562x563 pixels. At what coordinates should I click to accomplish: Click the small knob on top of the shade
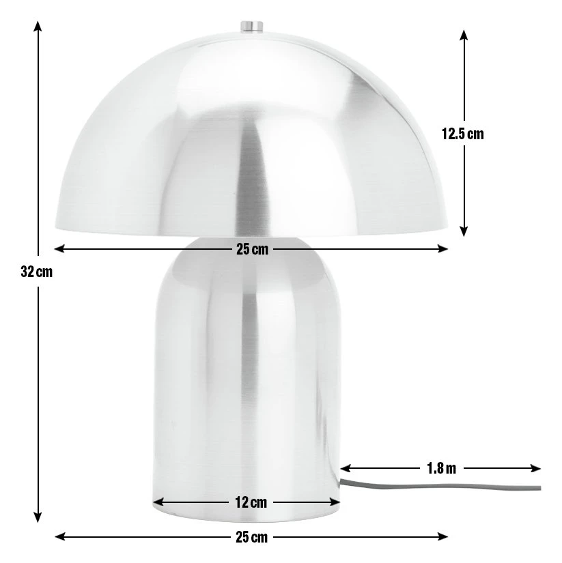point(251,27)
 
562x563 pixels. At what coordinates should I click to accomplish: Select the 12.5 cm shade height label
point(462,134)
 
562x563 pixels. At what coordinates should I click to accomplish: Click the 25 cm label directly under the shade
point(252,249)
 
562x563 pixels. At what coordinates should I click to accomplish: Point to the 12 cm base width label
point(251,503)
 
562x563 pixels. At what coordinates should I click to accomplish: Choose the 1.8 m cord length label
point(441,468)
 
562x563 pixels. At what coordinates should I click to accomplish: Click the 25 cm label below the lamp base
point(252,537)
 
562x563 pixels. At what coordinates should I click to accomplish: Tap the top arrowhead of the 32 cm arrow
point(38,25)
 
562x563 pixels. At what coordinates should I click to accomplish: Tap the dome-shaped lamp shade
point(251,136)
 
